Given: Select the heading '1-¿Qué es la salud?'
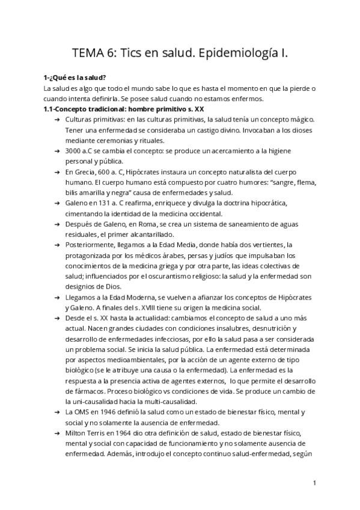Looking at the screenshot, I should [75, 78].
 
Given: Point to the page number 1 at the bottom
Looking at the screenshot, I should [314, 482].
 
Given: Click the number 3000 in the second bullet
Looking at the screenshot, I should [75, 152].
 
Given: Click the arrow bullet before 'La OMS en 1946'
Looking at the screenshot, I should [56, 412].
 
